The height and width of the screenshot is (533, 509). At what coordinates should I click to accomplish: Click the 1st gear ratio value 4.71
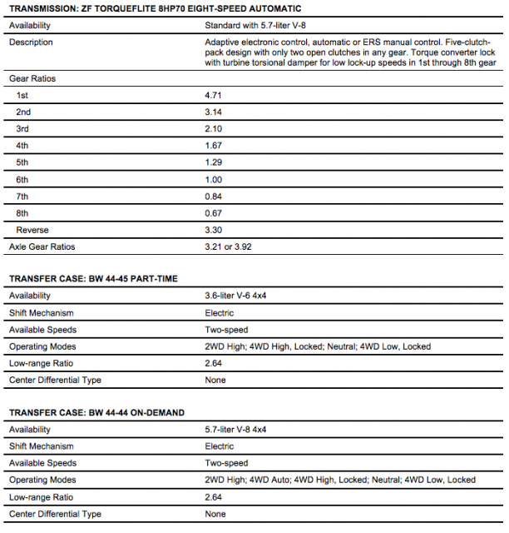213,95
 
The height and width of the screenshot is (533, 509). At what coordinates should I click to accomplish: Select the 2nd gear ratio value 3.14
213,112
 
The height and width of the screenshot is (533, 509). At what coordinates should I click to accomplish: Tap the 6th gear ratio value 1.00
213,179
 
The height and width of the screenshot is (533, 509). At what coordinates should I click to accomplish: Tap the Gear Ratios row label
32,78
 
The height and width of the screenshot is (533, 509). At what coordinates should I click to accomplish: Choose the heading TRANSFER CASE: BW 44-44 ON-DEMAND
96,412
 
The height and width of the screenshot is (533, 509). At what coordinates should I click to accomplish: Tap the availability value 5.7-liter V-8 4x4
241,430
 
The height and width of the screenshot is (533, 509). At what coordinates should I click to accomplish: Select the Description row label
31,42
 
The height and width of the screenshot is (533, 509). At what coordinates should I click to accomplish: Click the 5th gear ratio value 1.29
213,162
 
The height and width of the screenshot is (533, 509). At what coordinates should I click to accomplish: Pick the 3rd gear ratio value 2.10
213,129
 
